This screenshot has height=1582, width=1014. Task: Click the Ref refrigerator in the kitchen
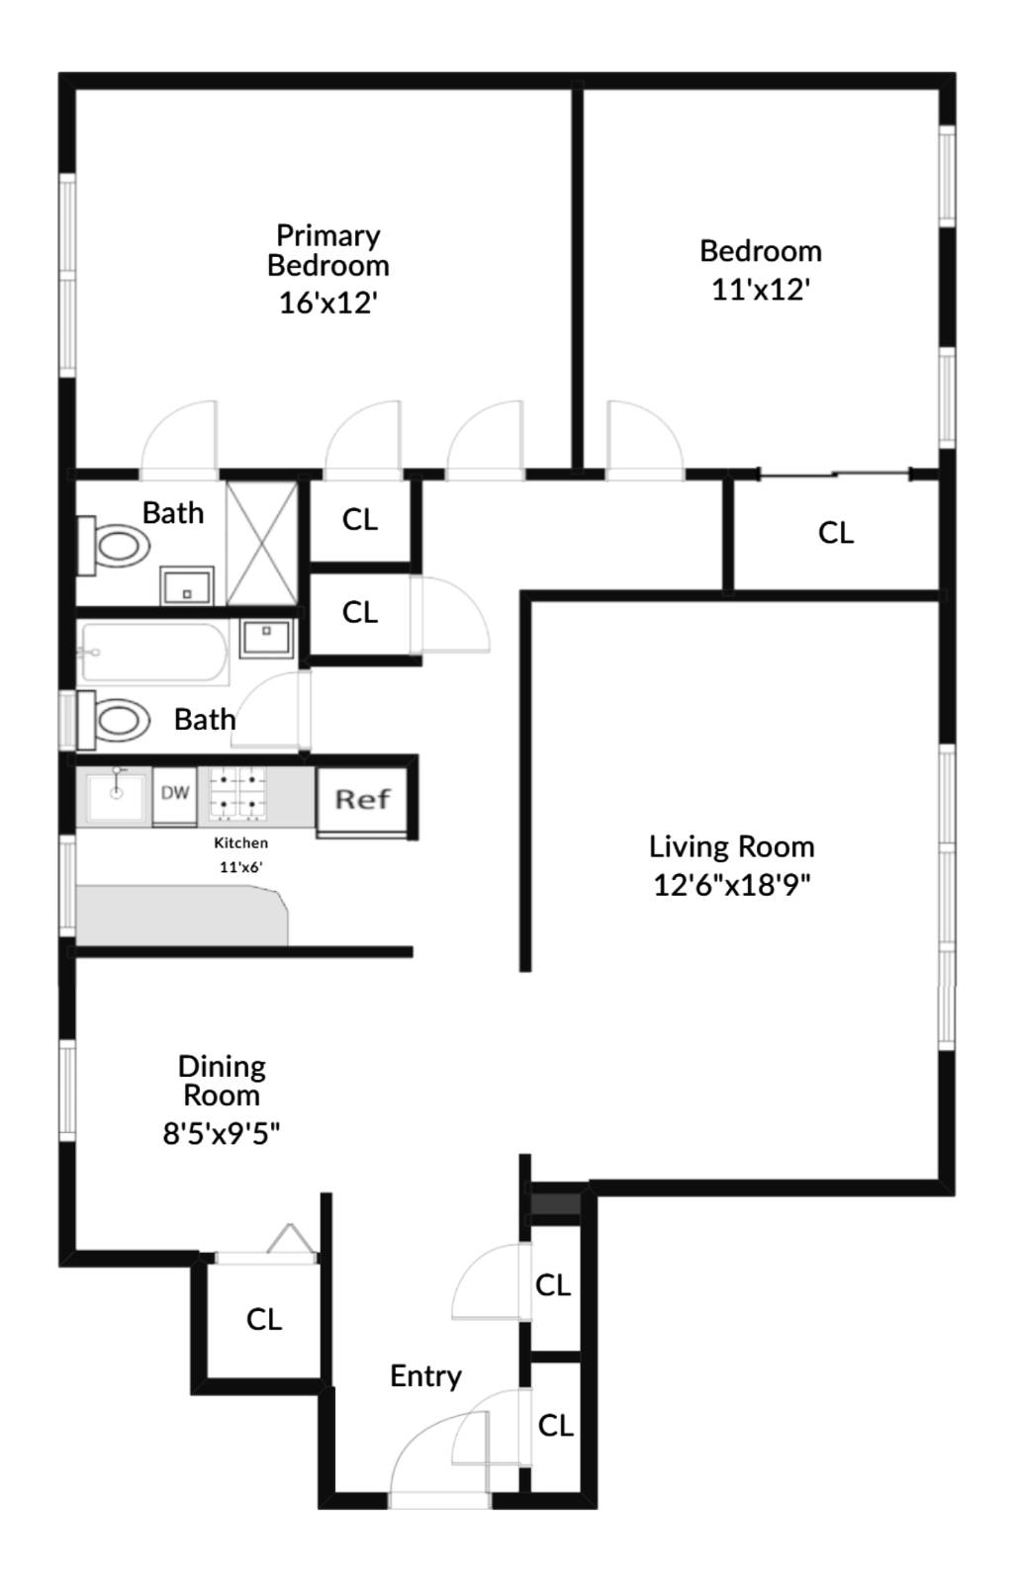point(362,799)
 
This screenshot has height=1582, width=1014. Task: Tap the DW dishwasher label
point(175,793)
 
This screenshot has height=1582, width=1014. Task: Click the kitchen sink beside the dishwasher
point(116,795)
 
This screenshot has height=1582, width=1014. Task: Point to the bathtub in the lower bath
point(156,653)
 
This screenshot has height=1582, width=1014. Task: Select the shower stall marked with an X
point(262,543)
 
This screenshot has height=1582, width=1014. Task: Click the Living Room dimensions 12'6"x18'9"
point(732,884)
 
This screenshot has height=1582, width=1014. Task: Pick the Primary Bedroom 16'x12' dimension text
point(328,302)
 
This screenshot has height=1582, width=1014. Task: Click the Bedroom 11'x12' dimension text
point(761,289)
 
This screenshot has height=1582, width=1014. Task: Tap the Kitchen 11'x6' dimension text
point(240,867)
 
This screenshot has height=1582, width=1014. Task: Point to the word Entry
point(425,1375)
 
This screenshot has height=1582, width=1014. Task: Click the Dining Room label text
point(222,1081)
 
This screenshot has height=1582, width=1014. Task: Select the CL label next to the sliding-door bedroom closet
point(835,533)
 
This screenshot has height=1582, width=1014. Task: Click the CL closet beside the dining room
point(264,1318)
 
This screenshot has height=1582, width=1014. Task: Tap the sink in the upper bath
point(187,585)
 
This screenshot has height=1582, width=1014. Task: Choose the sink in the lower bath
point(265,638)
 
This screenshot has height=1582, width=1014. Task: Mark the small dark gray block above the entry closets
point(556,1204)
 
